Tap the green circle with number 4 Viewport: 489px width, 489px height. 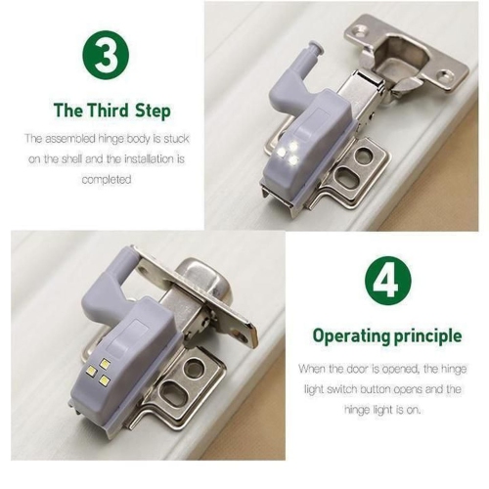pos(385,281)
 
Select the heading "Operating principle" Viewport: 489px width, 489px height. pos(386,335)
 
